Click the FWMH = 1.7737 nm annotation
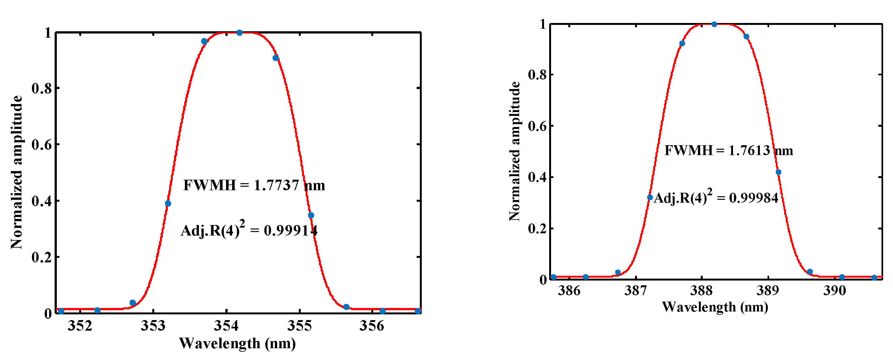[x=254, y=185]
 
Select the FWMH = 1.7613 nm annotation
[x=728, y=151]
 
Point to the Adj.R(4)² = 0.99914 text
[x=249, y=230]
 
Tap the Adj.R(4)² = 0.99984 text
[x=716, y=198]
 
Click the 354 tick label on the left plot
[x=226, y=326]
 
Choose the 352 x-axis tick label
[x=80, y=326]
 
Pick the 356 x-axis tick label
[x=372, y=326]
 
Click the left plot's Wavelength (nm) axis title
[x=238, y=344]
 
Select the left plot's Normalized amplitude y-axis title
[x=17, y=172]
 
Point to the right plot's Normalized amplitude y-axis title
[x=515, y=151]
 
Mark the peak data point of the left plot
[x=239, y=33]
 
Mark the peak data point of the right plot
[x=714, y=24]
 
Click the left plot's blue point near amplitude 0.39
[x=168, y=203]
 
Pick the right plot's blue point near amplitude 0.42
[x=778, y=172]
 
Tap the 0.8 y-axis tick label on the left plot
[x=42, y=89]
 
